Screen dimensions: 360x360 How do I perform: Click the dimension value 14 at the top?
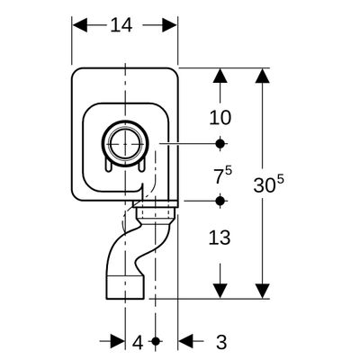121,25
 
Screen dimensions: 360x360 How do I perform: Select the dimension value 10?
220,117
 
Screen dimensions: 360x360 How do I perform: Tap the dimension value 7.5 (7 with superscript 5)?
223,175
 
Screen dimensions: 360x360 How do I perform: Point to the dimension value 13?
220,238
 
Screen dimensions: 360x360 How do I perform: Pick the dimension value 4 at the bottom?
138,343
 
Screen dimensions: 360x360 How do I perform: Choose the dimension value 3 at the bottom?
221,342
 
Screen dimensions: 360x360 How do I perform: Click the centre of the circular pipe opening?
125,144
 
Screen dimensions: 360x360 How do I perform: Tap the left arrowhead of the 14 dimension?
80,25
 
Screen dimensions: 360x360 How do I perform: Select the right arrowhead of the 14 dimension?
170,25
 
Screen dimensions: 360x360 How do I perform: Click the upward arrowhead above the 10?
220,76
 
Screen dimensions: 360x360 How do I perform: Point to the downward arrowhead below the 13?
220,291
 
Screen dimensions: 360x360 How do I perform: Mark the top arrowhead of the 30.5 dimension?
263,76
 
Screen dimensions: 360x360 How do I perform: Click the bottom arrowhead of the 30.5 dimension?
263,291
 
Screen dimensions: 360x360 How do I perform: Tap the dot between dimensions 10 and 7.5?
220,144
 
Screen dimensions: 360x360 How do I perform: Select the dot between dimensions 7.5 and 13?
220,201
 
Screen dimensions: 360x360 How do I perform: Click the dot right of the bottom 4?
156,341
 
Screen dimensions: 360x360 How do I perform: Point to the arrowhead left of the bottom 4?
118,341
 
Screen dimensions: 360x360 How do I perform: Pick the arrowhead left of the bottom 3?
185,341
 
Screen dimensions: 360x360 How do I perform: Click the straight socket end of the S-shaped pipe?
125,287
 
